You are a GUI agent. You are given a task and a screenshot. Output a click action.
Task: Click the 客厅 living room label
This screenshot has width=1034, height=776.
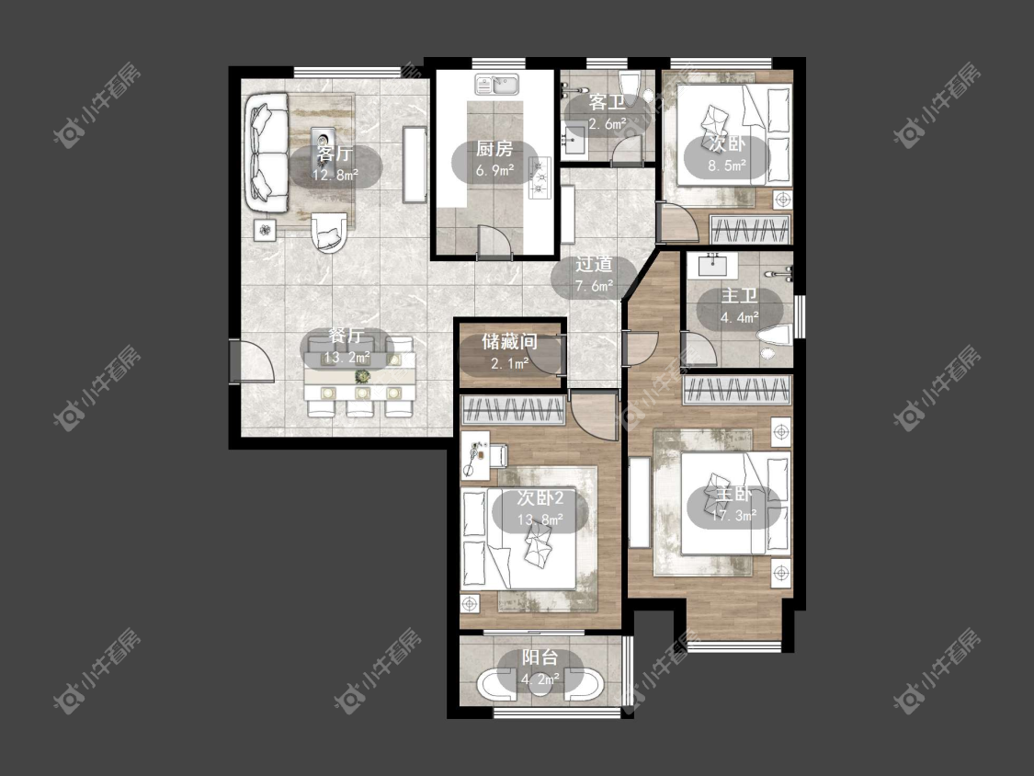pos(335,154)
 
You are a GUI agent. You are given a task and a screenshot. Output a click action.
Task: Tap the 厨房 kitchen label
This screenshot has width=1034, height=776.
pos(494,149)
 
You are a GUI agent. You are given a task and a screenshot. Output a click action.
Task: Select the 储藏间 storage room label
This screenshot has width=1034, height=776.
pos(509,341)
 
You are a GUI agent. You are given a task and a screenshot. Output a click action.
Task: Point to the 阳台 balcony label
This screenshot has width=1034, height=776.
pos(540,657)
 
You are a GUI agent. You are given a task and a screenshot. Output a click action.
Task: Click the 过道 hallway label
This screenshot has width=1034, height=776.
pos(594,264)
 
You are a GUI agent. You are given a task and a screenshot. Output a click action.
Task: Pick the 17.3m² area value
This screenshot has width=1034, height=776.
pos(734,516)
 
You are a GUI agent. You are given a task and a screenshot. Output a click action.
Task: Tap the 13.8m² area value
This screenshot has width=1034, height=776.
pos(540,519)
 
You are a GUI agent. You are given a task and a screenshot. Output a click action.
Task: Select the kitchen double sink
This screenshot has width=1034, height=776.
pos(497,85)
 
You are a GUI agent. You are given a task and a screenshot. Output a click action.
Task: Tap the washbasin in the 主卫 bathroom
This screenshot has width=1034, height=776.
pos(713,265)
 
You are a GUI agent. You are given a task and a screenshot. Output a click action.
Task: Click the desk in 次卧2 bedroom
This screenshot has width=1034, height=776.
pos(475,454)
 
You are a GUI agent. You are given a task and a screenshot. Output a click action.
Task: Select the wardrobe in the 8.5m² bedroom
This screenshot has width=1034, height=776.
pos(750,230)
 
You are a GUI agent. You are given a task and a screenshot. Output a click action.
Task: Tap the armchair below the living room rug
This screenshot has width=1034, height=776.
pos(328,233)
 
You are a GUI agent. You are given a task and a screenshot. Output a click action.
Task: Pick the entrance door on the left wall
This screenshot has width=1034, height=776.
pos(235,360)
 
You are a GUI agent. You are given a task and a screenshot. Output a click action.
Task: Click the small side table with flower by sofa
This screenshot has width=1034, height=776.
pos(265,230)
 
